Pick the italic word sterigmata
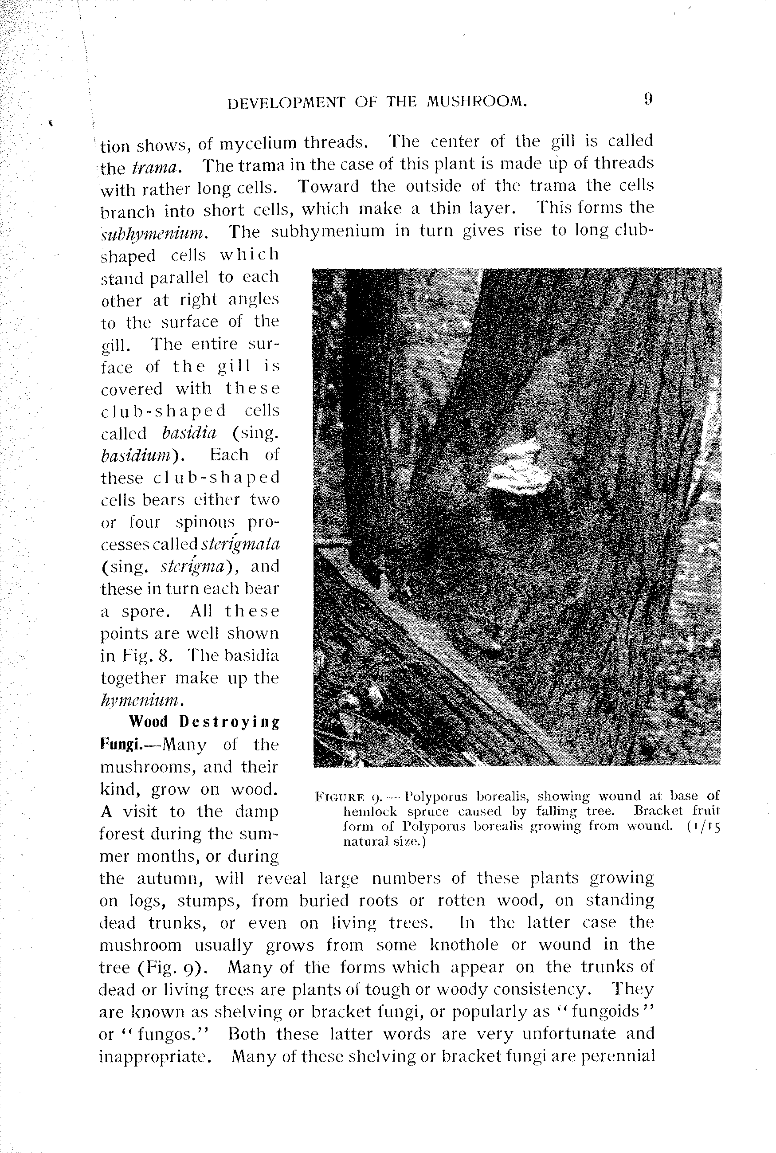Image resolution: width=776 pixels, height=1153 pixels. pyautogui.click(x=240, y=544)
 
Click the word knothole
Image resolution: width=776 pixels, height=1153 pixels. pyautogui.click(x=463, y=945)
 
